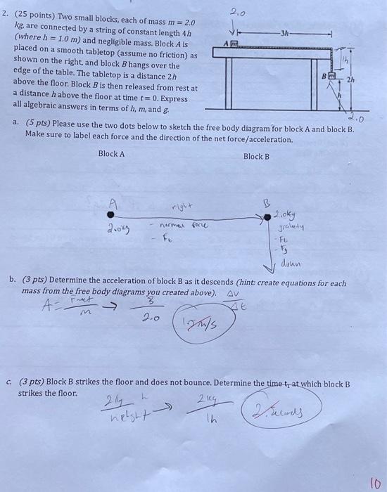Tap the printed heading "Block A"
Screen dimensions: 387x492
[x=111, y=154]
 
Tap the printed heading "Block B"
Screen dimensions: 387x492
[x=256, y=156]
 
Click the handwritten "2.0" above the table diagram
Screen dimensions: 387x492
[x=234, y=10]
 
